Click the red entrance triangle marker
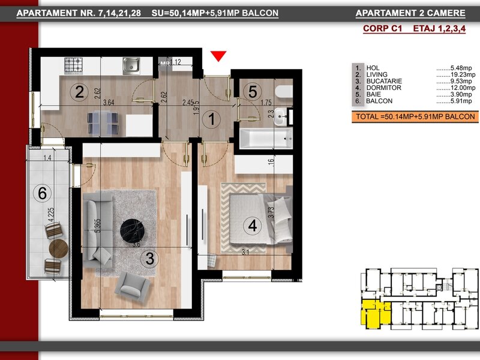(218, 56)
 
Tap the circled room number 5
(253, 92)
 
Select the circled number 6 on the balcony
(42, 193)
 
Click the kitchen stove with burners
(73, 66)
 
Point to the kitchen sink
(131, 66)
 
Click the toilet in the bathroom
(284, 92)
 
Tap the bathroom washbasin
(280, 116)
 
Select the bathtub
(266, 138)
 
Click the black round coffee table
(132, 231)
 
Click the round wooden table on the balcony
(58, 248)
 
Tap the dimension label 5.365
(98, 226)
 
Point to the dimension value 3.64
(109, 102)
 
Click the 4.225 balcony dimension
(51, 215)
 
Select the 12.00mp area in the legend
(463, 88)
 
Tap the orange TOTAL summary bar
(415, 117)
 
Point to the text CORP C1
(382, 28)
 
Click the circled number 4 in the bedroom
(252, 226)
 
